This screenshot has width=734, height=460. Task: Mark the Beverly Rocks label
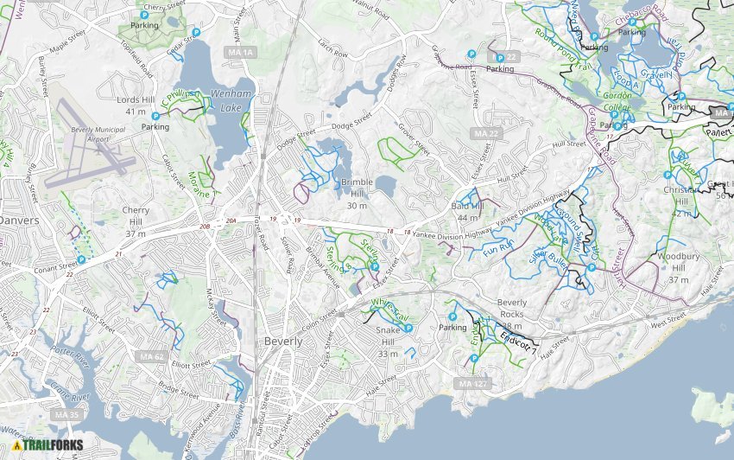click(x=511, y=308)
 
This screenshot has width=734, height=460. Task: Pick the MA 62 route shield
click(x=152, y=356)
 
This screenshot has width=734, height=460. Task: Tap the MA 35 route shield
click(x=66, y=416)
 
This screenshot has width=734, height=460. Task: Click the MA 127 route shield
click(x=473, y=383)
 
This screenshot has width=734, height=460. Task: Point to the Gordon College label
click(x=618, y=100)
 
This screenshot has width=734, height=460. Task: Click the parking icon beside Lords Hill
click(x=155, y=116)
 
